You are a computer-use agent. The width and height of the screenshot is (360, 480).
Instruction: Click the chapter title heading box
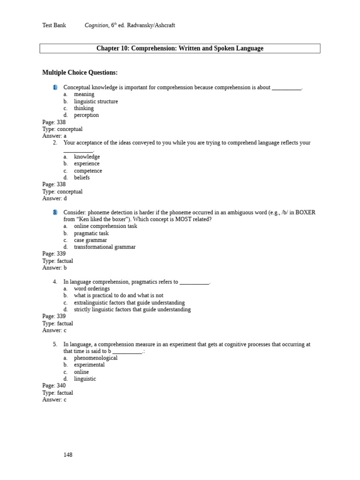pos(180,48)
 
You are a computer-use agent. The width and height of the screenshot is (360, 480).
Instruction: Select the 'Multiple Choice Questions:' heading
pos(80,72)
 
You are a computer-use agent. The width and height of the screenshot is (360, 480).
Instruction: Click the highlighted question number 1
pos(55,87)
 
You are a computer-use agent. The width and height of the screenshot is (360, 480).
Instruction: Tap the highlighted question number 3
pos(55,212)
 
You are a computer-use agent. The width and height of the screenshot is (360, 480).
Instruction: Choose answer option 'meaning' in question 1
pos(84,94)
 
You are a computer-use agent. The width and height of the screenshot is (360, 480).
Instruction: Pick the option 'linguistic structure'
pos(96,101)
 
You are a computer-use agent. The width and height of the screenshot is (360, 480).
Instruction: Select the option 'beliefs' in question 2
pos(82,178)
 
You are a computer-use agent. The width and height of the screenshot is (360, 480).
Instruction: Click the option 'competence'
pos(88,171)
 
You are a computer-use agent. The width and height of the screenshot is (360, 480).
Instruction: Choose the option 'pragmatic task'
pos(91,233)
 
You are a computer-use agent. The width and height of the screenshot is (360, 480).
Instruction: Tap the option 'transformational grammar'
pos(105,247)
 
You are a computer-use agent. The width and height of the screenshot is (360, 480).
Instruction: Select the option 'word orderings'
pos(91,289)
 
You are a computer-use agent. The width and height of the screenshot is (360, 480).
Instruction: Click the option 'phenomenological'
pos(96,358)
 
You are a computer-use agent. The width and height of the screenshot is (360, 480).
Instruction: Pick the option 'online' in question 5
pos(81,372)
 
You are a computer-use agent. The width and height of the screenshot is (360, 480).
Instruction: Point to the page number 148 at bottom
pos(68,455)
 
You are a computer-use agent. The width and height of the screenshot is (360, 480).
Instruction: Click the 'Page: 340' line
pos(54,386)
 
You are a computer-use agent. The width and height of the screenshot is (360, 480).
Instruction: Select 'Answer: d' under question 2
pos(54,198)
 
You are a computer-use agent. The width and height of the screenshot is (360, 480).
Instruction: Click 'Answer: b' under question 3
pos(54,268)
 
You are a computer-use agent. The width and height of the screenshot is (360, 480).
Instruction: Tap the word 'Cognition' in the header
pos(97,25)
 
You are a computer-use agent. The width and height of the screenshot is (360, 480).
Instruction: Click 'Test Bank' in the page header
pos(54,25)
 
